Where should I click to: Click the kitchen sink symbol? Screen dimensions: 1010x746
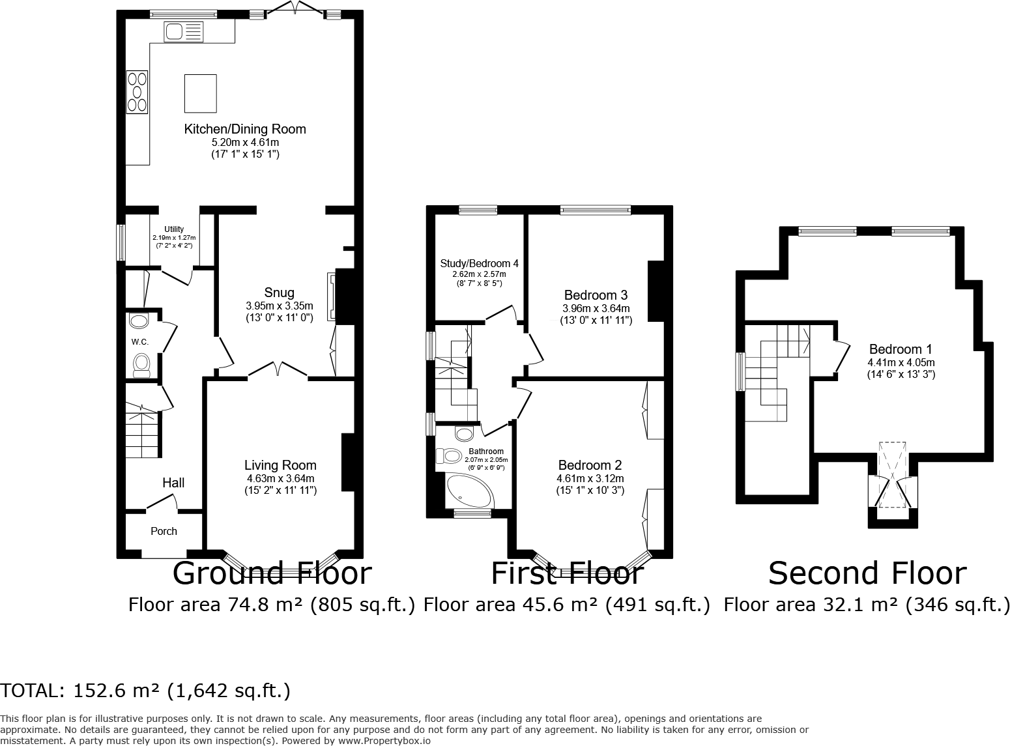coord(184,32)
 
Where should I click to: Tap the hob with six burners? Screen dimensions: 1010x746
coord(137,92)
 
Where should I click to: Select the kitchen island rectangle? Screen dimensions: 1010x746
coord(200,93)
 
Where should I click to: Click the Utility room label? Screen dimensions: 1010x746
coord(174,229)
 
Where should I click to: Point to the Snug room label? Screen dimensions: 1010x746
coord(279,293)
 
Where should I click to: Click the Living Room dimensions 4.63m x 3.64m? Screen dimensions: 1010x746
coord(280,479)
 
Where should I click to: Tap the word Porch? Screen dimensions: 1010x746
coord(164,531)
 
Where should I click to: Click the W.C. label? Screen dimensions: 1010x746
coord(140,342)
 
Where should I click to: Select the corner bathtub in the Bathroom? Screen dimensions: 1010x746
coord(470,491)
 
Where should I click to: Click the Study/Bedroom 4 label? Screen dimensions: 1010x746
coord(479,263)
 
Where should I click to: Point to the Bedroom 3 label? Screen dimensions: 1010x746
coord(596,294)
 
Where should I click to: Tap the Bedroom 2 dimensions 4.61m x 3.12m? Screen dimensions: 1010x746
coord(590,479)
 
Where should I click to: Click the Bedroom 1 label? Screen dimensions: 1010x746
coord(901,349)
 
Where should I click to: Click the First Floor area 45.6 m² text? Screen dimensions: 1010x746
coord(566,605)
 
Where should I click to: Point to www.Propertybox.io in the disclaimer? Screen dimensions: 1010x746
coord(384,741)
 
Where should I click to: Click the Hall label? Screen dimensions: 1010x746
coord(173,483)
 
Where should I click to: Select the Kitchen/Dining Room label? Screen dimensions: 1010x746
coord(245,129)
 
